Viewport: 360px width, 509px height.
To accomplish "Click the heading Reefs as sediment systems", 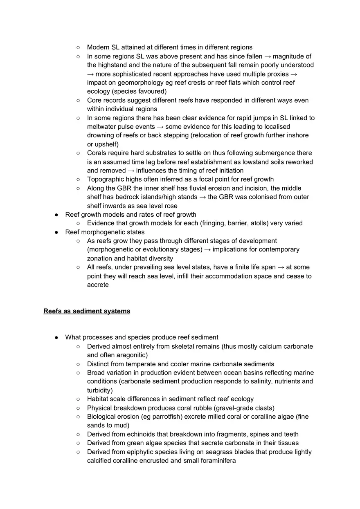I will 87,311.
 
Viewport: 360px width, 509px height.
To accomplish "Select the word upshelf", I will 106,144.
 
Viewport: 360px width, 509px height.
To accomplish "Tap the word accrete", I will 98,285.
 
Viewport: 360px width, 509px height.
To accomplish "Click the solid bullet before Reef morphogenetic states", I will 56,232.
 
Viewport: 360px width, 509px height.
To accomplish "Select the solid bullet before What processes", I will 56,338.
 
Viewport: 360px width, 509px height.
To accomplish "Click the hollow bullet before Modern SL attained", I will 78,47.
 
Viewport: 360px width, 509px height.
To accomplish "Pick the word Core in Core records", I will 94,100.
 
